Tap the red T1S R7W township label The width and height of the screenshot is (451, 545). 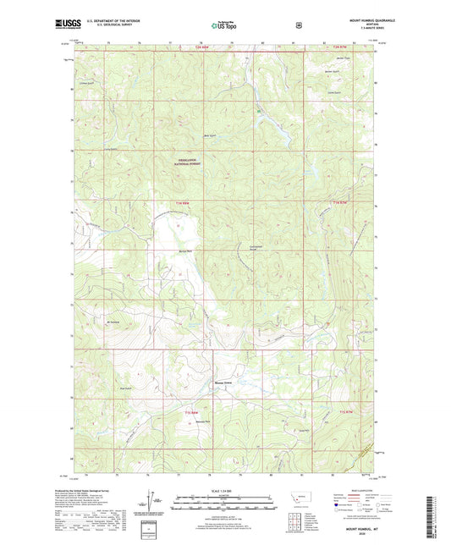click(x=347, y=410)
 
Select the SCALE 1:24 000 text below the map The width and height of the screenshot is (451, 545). click(x=224, y=490)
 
